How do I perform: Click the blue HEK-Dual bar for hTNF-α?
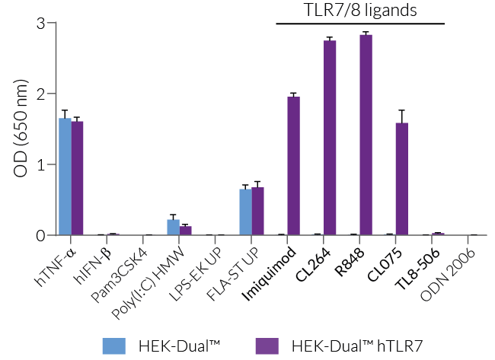65,177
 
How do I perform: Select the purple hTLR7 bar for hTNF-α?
77,179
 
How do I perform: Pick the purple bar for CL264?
330,138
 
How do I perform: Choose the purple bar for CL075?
402,180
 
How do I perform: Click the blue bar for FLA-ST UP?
245,212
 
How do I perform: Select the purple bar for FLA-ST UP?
257,212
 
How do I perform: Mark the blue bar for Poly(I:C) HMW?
174,228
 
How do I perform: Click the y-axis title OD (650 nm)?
20,129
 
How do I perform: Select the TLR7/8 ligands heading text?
360,11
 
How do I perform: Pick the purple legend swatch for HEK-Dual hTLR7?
266,345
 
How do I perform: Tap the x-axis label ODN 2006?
456,271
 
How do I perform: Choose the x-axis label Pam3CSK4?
130,269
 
